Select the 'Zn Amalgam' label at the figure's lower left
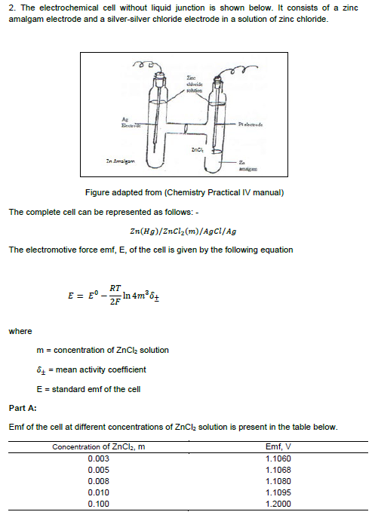tap(119, 161)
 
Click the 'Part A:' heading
tap(24, 409)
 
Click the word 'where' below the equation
tap(20, 331)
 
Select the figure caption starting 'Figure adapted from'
tap(186, 193)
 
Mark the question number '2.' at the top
tap(11, 7)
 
